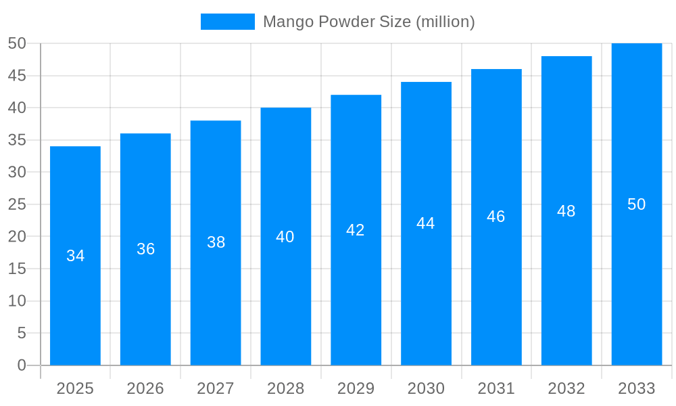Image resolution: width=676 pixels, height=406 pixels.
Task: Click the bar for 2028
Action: pyautogui.click(x=286, y=298)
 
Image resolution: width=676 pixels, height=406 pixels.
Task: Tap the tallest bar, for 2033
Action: pyautogui.click(x=637, y=271)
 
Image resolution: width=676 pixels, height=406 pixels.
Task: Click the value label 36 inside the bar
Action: pyautogui.click(x=145, y=249)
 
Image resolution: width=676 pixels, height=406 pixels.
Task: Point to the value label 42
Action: pyautogui.click(x=356, y=230)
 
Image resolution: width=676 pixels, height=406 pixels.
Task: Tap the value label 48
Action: pyautogui.click(x=566, y=211)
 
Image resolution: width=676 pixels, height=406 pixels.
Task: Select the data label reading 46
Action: pyautogui.click(x=496, y=217)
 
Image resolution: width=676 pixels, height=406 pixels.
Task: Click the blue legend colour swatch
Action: pyautogui.click(x=228, y=22)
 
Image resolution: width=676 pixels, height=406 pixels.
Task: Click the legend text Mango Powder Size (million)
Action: pyautogui.click(x=368, y=22)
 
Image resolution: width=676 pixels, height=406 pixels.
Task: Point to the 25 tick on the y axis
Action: pyautogui.click(x=17, y=204)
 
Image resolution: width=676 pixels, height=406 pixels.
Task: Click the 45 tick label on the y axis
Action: pyautogui.click(x=17, y=76)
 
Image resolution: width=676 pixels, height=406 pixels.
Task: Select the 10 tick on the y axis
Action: pyautogui.click(x=17, y=301)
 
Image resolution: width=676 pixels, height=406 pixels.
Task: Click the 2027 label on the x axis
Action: pyautogui.click(x=216, y=388)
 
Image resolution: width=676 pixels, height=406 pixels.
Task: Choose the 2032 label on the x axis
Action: pyautogui.click(x=566, y=388)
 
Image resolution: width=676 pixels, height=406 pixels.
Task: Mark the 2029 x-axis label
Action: pyautogui.click(x=356, y=388)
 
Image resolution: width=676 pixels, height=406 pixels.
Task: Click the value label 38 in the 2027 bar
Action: pyautogui.click(x=216, y=242)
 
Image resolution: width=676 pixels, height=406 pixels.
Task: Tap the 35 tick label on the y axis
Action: pyautogui.click(x=17, y=140)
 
